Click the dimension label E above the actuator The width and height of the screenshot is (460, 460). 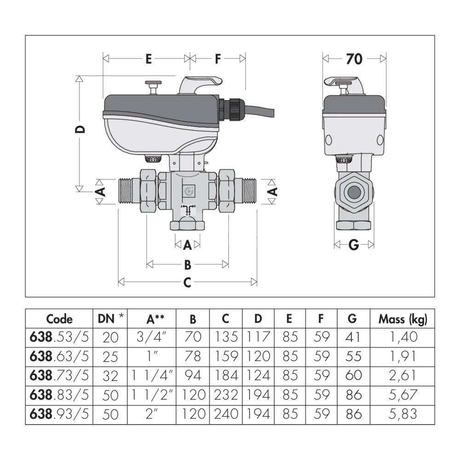(x=149, y=59)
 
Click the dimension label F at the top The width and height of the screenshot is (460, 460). (x=218, y=59)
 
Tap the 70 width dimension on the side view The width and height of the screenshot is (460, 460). (x=354, y=59)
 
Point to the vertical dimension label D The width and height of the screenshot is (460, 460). (x=80, y=129)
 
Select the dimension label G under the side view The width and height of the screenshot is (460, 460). (x=353, y=245)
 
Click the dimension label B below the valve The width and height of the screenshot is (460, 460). (x=188, y=265)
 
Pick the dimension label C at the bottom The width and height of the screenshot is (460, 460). (x=187, y=282)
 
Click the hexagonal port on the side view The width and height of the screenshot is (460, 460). (x=354, y=192)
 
